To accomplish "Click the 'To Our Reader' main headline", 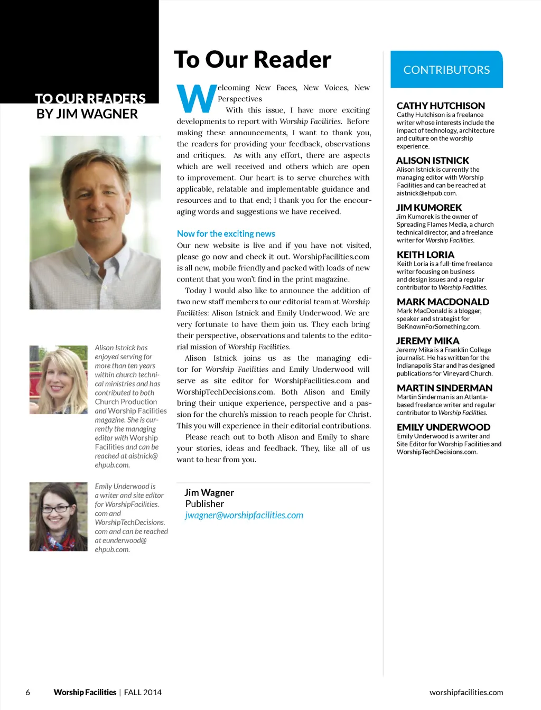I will point(253,60).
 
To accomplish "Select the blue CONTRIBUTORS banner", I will point(446,70).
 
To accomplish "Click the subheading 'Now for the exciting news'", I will point(226,233).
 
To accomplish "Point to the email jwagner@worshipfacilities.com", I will point(244,515).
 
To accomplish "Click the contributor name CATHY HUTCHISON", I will point(441,106).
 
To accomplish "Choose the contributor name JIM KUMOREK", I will point(429,208).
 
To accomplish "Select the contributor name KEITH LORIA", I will point(425,255).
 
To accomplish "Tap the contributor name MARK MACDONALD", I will point(443,302).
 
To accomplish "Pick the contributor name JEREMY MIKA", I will point(428,341).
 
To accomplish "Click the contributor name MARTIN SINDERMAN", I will point(444,388).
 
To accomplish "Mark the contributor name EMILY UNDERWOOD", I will point(443,427).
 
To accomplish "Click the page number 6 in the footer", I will point(28,692).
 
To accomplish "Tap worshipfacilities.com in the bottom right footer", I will point(466,692).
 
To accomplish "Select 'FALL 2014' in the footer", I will point(143,692).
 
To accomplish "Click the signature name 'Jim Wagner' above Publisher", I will point(209,492).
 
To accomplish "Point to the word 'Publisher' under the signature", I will point(204,504).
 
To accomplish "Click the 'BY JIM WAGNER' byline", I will point(87,114).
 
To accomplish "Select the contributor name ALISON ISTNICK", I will point(433,161).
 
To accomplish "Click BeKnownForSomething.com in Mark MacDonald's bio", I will point(438,326).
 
